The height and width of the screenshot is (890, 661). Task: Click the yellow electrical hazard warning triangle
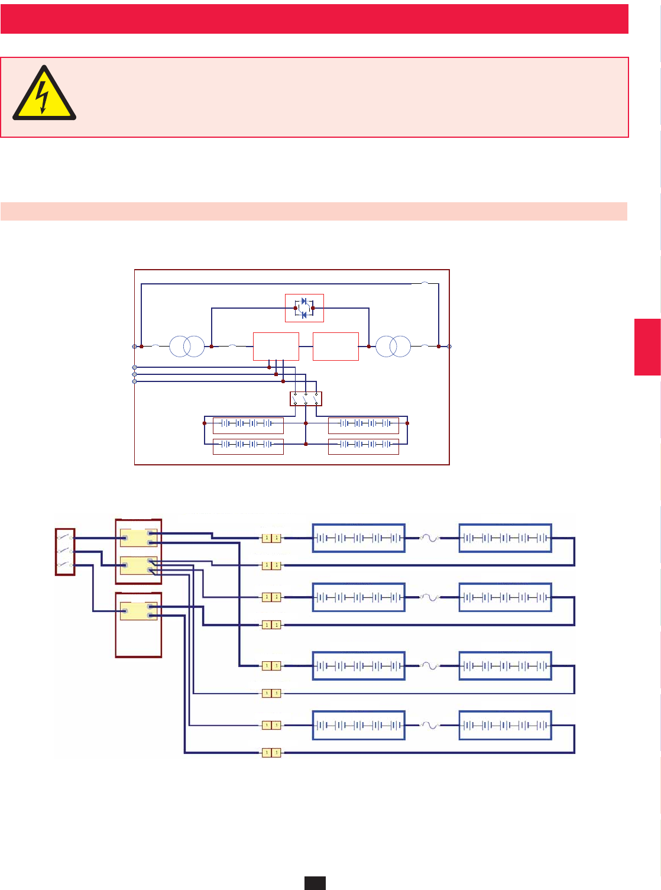coord(44,95)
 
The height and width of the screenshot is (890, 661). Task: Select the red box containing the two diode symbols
coord(304,308)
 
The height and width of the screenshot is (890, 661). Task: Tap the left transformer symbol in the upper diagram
coord(187,347)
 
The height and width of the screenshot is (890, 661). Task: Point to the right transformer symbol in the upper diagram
coord(393,347)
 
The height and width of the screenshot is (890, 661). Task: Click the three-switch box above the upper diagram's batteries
coord(306,399)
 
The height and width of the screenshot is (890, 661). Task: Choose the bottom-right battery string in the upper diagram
coord(363,446)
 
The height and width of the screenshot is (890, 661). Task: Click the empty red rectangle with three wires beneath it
coord(276,347)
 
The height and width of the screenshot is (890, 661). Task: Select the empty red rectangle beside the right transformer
coord(335,347)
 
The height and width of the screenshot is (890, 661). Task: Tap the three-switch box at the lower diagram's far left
coord(65,552)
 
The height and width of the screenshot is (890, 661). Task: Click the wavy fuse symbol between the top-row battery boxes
coord(430,538)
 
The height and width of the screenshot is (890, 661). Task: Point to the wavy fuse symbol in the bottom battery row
coord(430,725)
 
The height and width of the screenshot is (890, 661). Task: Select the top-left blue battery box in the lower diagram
coord(358,538)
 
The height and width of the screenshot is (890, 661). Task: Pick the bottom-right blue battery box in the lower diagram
coord(505,725)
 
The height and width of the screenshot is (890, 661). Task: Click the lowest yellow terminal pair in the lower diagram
coord(271,753)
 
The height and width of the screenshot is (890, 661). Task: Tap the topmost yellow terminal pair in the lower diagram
coord(271,538)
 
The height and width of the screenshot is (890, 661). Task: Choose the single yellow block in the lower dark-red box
coord(138,611)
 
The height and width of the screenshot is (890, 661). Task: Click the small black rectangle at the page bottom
coord(315,883)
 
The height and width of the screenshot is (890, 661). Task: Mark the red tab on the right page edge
coord(647,347)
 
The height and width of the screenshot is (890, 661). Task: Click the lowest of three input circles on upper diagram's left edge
coord(135,381)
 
